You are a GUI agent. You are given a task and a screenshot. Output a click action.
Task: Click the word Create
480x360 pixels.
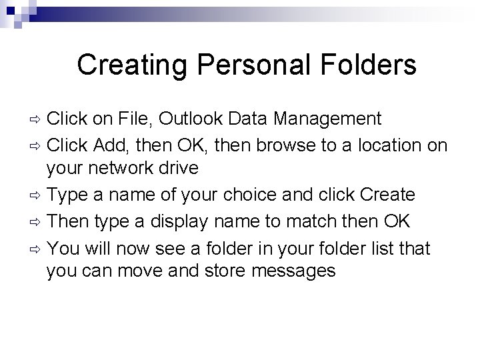387,195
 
